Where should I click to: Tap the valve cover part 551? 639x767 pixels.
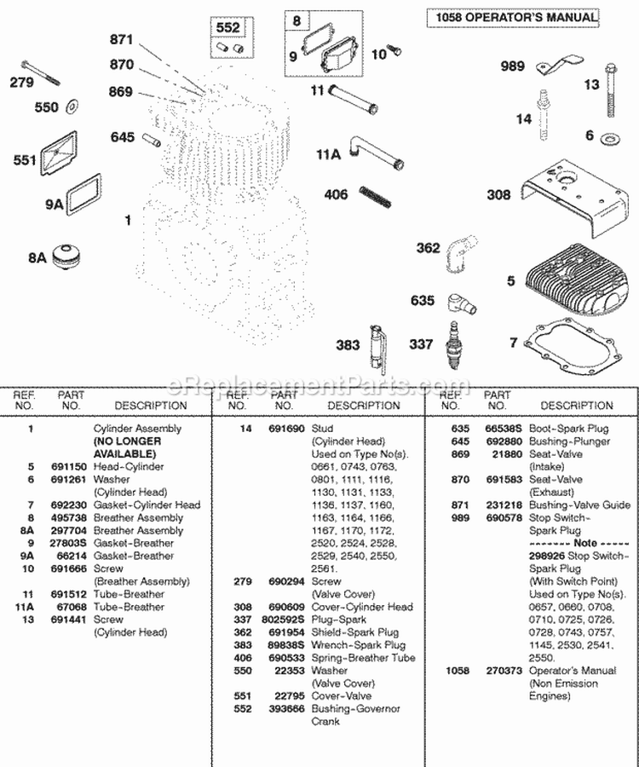(66, 159)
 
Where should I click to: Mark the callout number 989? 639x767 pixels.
(512, 67)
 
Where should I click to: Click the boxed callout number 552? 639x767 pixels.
(227, 28)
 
